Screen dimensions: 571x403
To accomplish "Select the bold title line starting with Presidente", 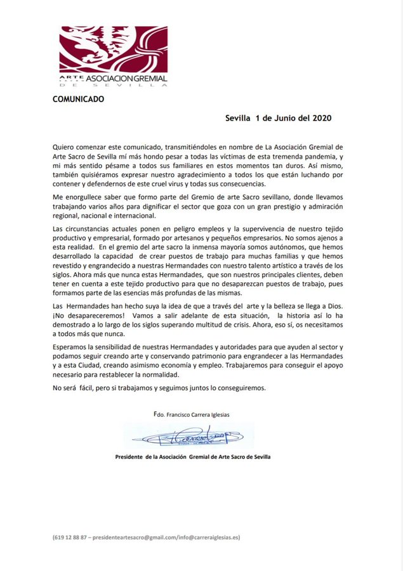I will [x=192, y=457].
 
